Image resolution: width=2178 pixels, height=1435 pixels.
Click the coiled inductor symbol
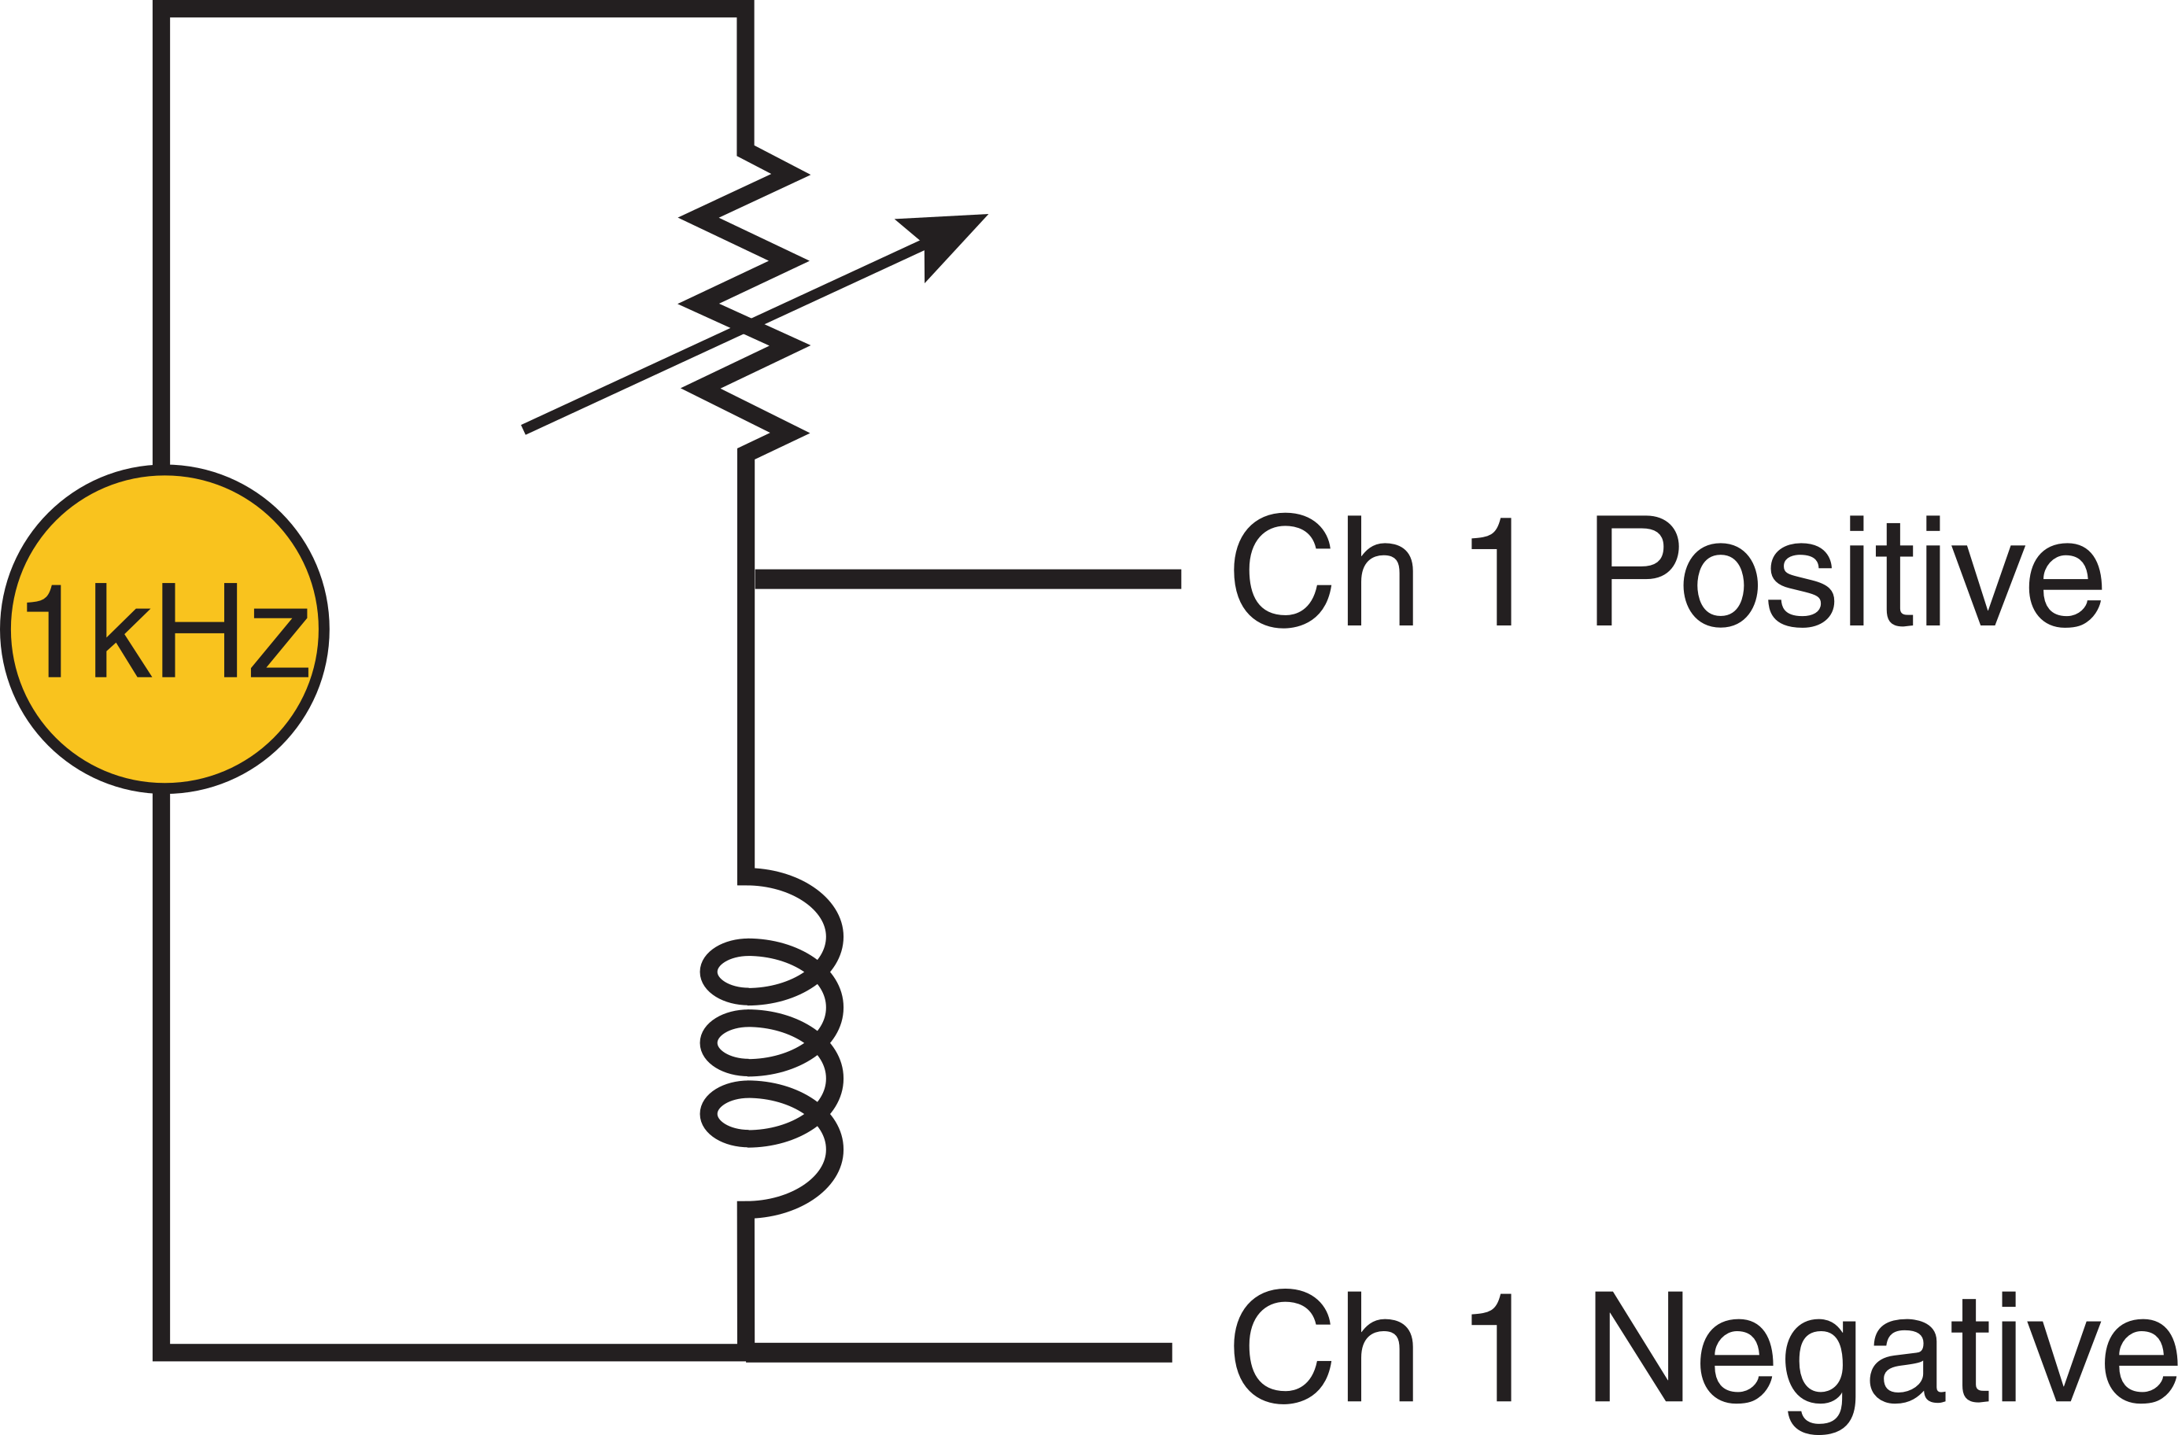[x=769, y=1043]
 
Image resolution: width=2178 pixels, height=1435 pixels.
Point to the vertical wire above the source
[x=162, y=238]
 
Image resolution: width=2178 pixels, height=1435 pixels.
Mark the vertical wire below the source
[x=162, y=1053]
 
